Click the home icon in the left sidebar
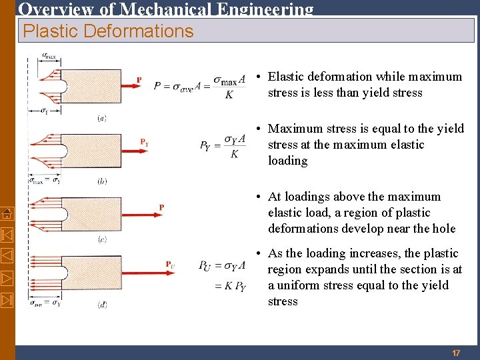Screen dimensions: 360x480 click(7, 213)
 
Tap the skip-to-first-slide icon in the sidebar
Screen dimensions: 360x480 click(7, 234)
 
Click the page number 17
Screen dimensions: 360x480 click(456, 353)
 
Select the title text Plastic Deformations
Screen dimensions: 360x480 click(108, 31)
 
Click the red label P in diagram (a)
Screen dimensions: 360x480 click(139, 80)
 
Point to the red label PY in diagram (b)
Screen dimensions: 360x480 click(144, 142)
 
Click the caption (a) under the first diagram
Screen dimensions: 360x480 click(102, 118)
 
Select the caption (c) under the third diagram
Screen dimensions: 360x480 click(102, 239)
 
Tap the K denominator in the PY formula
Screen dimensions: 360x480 click(234, 155)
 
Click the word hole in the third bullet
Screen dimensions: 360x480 click(443, 229)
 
